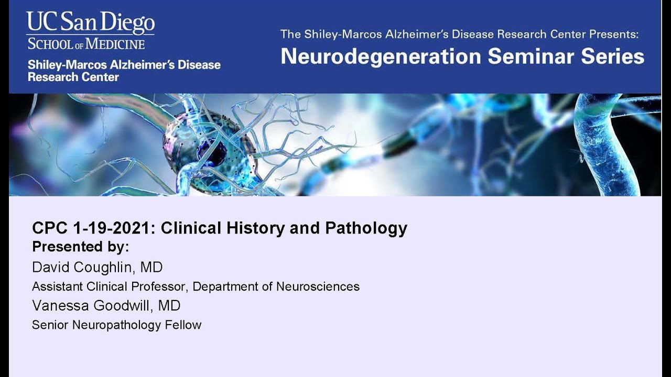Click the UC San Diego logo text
91,23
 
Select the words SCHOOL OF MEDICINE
86,43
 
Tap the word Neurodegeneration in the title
381,56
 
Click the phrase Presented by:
80,247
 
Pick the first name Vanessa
58,305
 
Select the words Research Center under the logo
73,77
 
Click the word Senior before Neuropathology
50,325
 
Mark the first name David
49,267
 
